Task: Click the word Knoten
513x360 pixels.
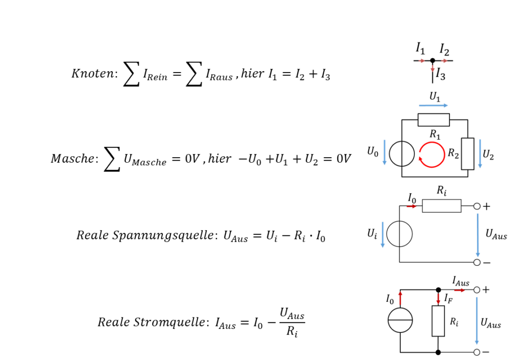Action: pos(93,73)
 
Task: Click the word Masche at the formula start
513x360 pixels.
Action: pos(73,159)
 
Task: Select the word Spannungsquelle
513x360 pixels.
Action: pos(163,236)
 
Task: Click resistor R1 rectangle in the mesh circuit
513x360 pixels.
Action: pos(433,120)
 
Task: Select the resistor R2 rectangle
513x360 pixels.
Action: pos(467,154)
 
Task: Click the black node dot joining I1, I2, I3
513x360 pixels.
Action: pos(432,61)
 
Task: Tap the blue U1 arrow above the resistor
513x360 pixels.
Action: pos(433,105)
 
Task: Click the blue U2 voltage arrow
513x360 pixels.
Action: pos(480,154)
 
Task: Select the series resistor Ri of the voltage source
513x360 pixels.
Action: pos(442,206)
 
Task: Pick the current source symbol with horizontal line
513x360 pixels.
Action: pos(400,320)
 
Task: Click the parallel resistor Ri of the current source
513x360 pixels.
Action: pos(438,321)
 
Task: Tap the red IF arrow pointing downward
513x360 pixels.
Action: pos(438,297)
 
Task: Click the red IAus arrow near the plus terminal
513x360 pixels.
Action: pos(459,290)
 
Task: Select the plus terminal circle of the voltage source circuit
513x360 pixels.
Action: pos(477,206)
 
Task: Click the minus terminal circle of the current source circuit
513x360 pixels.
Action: pos(477,352)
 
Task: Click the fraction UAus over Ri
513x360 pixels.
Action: pos(292,322)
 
